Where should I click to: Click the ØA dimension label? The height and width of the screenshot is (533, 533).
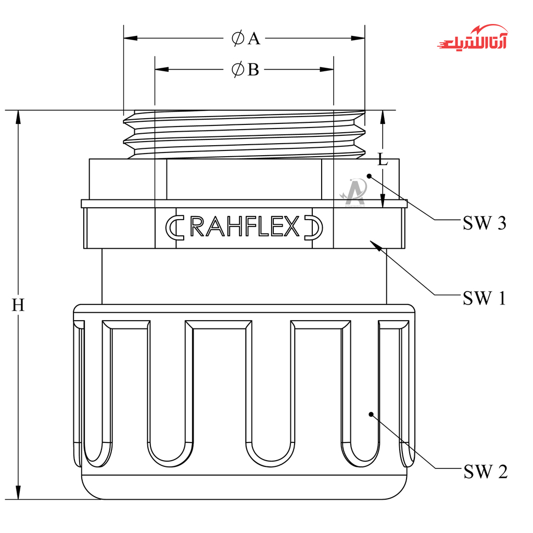coord(246,39)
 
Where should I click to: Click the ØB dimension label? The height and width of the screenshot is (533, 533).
coord(245,70)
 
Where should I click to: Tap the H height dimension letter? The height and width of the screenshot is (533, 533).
coord(18,306)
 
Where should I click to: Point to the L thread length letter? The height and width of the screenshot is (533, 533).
coord(383,160)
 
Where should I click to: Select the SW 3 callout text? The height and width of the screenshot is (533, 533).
coord(484,223)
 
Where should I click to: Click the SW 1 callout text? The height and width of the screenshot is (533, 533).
coord(484,298)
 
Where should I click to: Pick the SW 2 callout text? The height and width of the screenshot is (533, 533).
coord(485,472)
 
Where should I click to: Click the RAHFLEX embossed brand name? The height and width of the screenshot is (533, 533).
coord(245,227)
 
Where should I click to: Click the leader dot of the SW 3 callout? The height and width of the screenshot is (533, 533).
coord(369,176)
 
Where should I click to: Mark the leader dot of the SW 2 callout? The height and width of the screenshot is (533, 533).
coord(371,414)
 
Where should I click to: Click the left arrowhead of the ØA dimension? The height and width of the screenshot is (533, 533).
coord(130,39)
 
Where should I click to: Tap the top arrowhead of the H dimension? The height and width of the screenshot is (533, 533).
coord(18,117)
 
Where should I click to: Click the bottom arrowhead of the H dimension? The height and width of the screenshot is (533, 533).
coord(18,492)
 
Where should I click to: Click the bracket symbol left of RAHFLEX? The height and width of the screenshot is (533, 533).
coord(174,227)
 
